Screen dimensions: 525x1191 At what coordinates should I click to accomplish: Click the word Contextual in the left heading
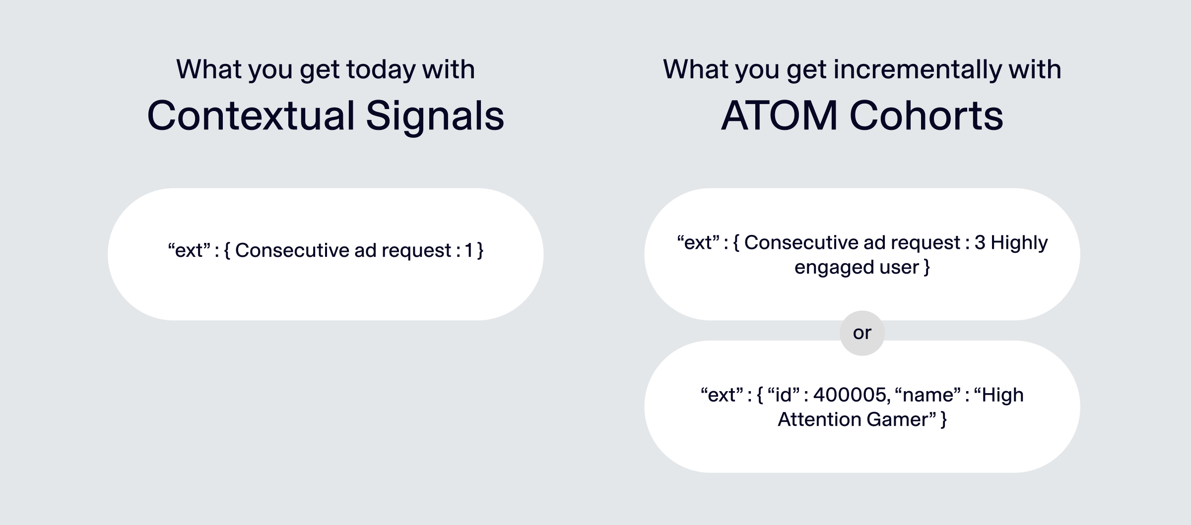(251, 116)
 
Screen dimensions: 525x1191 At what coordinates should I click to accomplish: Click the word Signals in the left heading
(435, 116)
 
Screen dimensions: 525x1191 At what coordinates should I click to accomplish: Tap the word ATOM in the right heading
(779, 116)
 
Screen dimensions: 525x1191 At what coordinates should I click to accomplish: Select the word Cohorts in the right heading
(926, 116)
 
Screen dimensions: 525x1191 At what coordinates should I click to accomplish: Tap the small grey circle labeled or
(862, 333)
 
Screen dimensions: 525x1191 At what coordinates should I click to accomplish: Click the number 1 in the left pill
(468, 250)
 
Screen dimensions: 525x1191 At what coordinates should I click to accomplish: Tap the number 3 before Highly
(980, 242)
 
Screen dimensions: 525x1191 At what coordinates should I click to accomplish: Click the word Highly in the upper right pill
(1019, 242)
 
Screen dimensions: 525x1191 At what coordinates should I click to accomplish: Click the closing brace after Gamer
(943, 419)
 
